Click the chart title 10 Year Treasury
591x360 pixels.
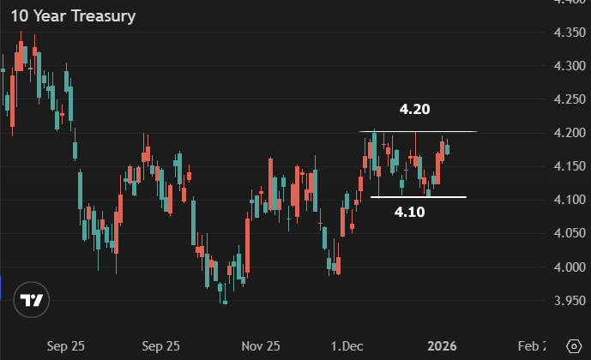[x=73, y=16]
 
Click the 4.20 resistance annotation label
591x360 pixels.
[x=413, y=110]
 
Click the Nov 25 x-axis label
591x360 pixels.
[x=261, y=346]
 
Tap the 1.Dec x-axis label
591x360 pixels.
[x=347, y=346]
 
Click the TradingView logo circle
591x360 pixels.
[x=33, y=300]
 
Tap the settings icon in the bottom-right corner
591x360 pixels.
[x=574, y=345]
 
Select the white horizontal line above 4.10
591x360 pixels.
[x=418, y=198]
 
